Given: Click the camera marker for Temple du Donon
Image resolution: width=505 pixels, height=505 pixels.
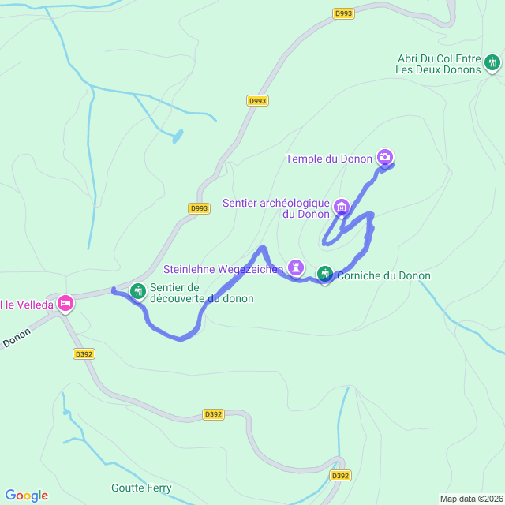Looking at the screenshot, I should click(385, 157).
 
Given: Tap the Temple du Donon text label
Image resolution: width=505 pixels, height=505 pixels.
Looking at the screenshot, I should click(328, 159).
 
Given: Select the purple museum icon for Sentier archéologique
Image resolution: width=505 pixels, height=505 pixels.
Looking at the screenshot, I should click(342, 208).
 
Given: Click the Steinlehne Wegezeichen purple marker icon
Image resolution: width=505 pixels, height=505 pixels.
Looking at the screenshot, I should click(296, 267).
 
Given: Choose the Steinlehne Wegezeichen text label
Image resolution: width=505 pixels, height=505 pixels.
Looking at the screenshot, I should click(223, 270).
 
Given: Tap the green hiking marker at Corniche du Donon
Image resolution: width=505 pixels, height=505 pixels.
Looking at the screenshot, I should click(325, 274).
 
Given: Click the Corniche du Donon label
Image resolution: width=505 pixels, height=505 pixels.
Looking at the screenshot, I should click(383, 276).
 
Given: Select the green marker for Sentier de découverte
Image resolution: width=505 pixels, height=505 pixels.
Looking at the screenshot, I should click(138, 291).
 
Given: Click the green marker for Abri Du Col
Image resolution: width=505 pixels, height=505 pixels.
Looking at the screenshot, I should click(492, 62).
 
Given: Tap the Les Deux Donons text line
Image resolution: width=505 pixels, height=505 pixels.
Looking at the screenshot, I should click(438, 69).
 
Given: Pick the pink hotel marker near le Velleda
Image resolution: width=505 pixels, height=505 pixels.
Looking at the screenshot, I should click(65, 303).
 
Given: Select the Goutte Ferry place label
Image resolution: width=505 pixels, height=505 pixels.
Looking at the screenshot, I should click(142, 488).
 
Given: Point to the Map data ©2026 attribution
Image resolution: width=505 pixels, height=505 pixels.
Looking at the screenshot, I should click(470, 499).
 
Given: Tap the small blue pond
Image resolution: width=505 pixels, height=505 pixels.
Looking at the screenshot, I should click(178, 136).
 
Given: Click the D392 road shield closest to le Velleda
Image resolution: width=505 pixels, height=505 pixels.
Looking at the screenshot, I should click(84, 354).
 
